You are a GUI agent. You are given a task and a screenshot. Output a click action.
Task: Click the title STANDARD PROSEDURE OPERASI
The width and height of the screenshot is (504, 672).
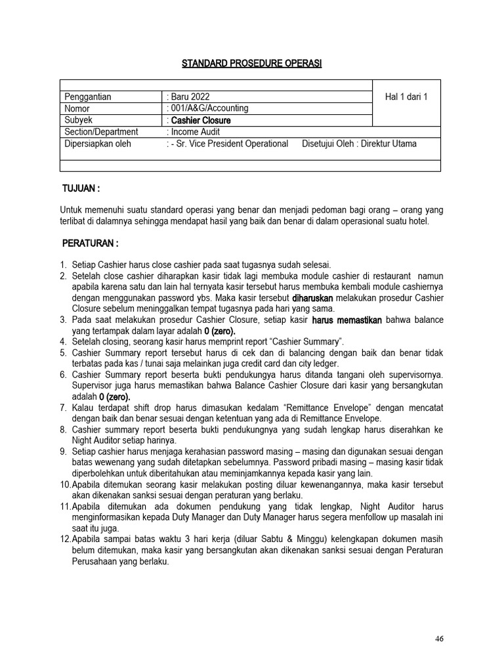coord(252,63)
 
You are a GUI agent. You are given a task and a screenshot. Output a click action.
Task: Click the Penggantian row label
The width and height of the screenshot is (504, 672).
coord(88,96)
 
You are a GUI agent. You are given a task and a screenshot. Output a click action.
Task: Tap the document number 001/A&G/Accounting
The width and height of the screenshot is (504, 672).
coord(209,108)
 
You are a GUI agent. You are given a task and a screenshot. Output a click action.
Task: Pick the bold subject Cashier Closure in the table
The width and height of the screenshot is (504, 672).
coord(201,120)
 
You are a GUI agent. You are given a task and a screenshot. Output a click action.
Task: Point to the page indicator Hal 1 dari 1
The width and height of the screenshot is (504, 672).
coord(406,96)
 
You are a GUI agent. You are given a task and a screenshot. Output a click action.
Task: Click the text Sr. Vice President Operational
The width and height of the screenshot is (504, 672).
coord(230,144)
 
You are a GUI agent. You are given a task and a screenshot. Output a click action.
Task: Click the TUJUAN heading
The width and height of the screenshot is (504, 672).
coord(80,189)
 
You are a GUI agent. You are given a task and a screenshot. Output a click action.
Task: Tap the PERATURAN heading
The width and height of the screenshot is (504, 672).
coord(90,244)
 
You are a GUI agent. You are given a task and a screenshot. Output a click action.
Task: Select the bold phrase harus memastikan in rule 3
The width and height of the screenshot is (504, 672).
coord(347,320)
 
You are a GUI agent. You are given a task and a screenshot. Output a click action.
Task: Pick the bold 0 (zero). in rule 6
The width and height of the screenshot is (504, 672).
coord(115,397)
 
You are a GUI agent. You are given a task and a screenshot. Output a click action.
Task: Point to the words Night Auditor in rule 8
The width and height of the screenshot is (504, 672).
coord(95,441)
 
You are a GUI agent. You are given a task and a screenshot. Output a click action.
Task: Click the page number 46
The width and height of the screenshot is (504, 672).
coord(439,639)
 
